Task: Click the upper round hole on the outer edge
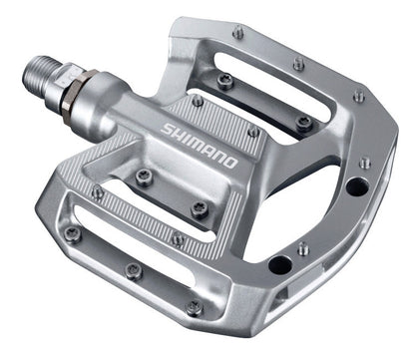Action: (x=354, y=185)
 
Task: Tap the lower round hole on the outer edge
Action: (x=280, y=265)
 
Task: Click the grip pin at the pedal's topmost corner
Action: (x=237, y=33)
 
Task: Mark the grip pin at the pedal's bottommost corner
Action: (x=194, y=308)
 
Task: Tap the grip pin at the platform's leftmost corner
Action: (x=72, y=233)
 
